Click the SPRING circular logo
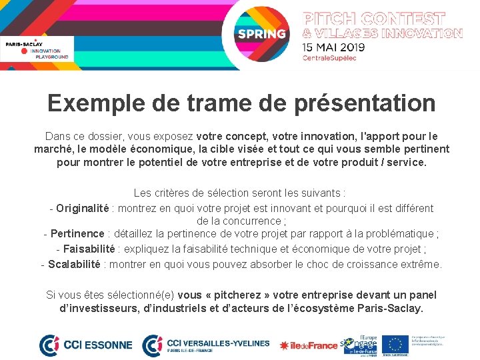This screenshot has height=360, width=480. (261, 33)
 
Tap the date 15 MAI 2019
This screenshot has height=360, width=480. (333, 47)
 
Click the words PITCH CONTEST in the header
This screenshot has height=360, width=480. (374, 18)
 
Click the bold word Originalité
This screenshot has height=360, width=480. (82, 208)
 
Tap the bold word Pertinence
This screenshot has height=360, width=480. (77, 234)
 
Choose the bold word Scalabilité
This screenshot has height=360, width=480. (74, 264)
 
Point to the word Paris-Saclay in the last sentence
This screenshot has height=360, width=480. (391, 309)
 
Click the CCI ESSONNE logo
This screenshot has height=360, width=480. (86, 345)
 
